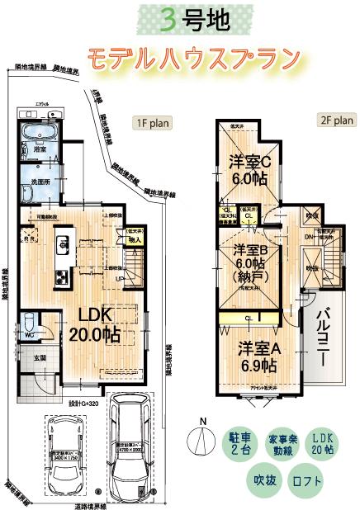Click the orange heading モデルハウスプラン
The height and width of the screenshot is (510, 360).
[192, 58]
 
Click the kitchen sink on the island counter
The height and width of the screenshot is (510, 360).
[62, 245]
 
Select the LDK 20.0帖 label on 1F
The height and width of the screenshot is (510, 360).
[88, 323]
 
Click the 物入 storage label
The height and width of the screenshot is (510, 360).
[135, 240]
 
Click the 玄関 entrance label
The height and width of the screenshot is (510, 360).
[40, 358]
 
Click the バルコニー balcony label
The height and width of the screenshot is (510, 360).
[324, 334]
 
